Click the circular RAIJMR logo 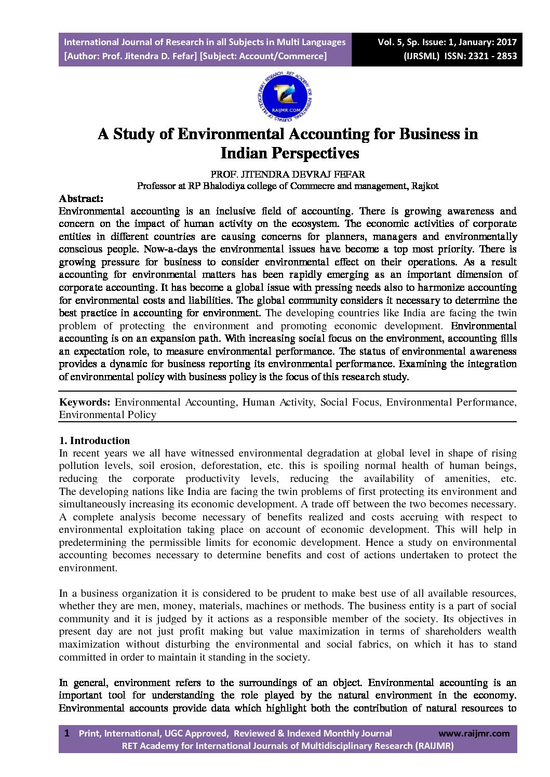pos(285,97)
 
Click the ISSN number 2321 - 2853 pos(492,56)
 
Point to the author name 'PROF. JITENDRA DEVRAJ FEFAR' pos(287,174)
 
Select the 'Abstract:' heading pos(81,198)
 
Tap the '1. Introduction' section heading pos(94,440)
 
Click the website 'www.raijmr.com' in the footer pos(474,733)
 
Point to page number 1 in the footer pos(66,733)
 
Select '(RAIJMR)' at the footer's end pos(434,746)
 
